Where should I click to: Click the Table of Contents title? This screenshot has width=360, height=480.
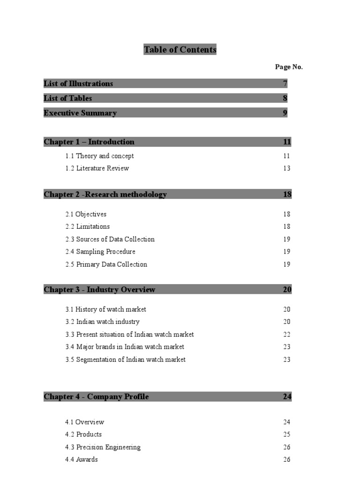tap(180, 50)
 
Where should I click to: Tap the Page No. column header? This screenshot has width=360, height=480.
tap(289, 67)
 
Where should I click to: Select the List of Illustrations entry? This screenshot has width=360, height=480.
tap(78, 84)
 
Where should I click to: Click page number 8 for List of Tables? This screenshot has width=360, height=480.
tap(285, 98)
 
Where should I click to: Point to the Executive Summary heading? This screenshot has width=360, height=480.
tap(80, 113)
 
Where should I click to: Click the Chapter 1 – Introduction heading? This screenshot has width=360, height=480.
tap(89, 142)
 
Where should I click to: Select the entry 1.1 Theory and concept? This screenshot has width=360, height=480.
tap(99, 156)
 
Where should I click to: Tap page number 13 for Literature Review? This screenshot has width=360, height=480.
tap(287, 168)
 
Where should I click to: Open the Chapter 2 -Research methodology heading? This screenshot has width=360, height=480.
tap(105, 195)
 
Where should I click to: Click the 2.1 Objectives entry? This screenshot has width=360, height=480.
tap(86, 214)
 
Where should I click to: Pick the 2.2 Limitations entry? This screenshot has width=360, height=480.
tap(88, 227)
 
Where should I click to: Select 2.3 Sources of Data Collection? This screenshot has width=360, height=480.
tap(110, 240)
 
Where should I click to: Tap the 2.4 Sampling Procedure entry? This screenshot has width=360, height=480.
tap(100, 252)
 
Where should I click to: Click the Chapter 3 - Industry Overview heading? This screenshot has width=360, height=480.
tap(99, 290)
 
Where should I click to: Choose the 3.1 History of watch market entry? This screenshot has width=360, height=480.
tap(105, 309)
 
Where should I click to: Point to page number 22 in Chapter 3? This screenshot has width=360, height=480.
tap(287, 335)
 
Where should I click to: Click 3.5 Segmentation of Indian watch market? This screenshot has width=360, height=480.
tap(125, 360)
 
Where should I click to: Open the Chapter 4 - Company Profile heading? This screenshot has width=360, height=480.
tap(96, 397)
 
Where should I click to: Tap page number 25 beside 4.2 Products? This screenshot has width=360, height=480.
tap(287, 435)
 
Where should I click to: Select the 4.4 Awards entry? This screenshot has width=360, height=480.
tap(82, 459)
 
